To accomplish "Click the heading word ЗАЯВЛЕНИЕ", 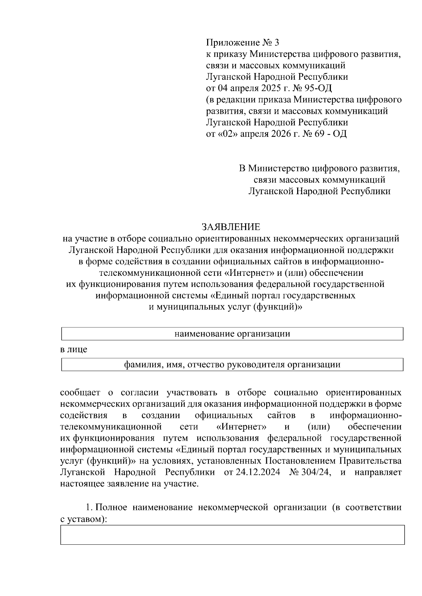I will [231, 227].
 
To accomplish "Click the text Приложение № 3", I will [242, 42].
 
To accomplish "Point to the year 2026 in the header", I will [282, 134].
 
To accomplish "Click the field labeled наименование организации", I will [232, 334].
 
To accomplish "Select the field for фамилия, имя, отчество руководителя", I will [232, 365].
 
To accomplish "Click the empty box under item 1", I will [232, 535].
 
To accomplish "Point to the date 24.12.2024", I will [257, 472].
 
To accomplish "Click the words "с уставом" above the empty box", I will [82, 519].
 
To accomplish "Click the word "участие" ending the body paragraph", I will [184, 484].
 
